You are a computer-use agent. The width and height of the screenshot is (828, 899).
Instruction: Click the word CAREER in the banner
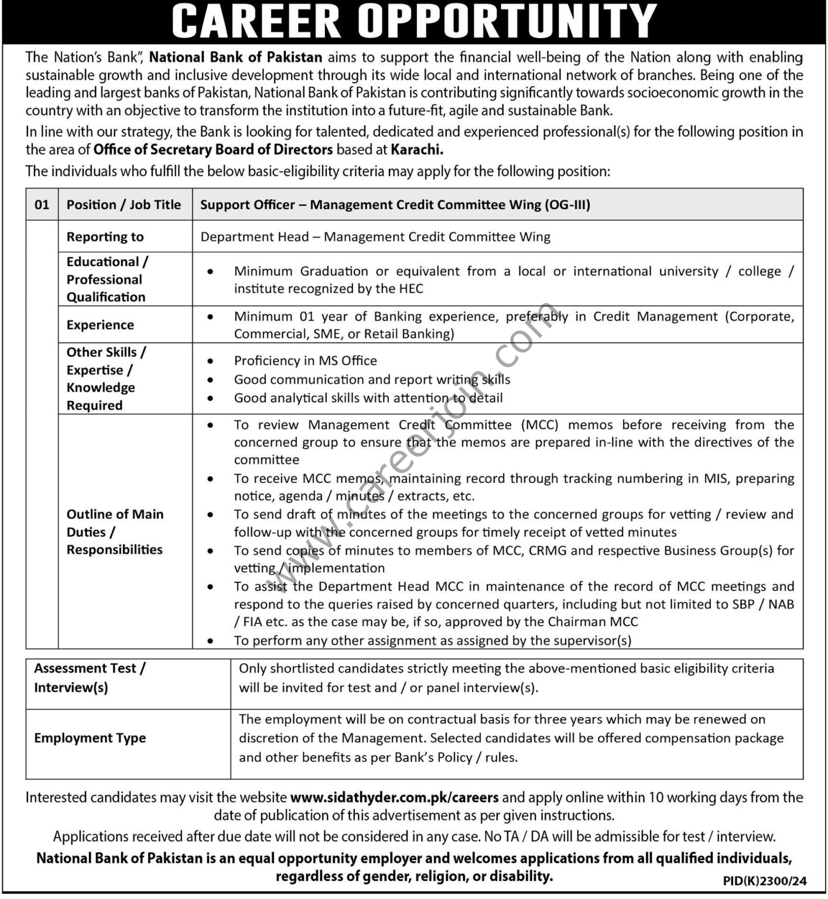point(256,21)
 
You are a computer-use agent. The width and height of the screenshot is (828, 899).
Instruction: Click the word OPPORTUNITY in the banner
point(507,21)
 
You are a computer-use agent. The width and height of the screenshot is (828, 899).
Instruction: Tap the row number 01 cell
point(42,204)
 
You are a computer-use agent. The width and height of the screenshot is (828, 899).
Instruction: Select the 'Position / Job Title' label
point(124,204)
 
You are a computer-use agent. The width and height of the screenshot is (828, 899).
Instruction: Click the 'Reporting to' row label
point(105,236)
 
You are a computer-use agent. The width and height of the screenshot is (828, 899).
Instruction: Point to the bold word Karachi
point(416,149)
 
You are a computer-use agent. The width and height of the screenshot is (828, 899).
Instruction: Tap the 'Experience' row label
point(100,325)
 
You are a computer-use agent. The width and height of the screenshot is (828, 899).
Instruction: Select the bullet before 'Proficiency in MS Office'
point(210,361)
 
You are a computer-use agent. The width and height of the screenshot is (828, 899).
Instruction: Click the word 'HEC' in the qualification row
point(409,289)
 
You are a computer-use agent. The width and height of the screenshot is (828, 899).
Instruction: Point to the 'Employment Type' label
point(90,738)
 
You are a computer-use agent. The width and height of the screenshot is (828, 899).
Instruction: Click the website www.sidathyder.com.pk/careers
point(394,797)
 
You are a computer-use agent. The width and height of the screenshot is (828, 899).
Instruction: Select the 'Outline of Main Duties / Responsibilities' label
point(115,531)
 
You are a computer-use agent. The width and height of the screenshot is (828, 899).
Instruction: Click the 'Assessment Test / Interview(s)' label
point(90,678)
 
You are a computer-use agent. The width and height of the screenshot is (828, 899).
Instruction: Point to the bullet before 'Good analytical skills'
point(210,398)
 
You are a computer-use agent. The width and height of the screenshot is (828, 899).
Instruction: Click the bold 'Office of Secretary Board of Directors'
point(213,149)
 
